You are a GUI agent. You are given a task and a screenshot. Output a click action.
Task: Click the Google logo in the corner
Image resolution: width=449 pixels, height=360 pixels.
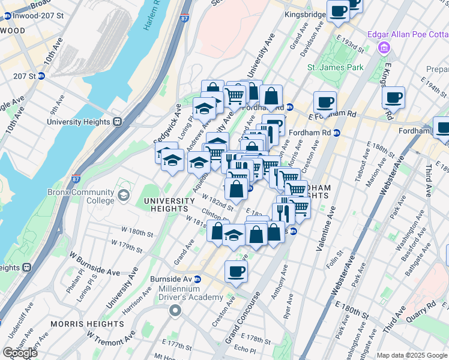(20, 352)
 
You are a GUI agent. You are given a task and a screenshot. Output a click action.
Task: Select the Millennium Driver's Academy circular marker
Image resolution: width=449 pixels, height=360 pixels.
(175, 310)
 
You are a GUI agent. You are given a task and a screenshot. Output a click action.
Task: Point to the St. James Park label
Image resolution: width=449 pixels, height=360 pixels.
(335, 67)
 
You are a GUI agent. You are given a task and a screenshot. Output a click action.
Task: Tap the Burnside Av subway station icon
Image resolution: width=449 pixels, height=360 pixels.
(205, 279)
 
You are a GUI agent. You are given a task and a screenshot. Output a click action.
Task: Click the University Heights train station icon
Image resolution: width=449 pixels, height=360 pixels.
(118, 121)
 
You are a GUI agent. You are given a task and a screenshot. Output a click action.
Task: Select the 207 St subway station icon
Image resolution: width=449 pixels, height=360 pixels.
(41, 76)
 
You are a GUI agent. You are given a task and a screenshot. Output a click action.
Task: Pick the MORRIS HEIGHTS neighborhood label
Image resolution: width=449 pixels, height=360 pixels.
(87, 324)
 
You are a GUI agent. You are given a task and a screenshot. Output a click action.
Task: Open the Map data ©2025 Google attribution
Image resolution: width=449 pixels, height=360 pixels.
(412, 355)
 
